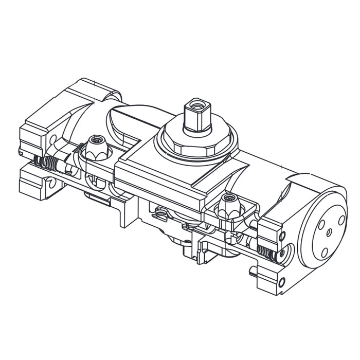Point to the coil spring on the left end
point(49,164)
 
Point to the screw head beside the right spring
point(280,255)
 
